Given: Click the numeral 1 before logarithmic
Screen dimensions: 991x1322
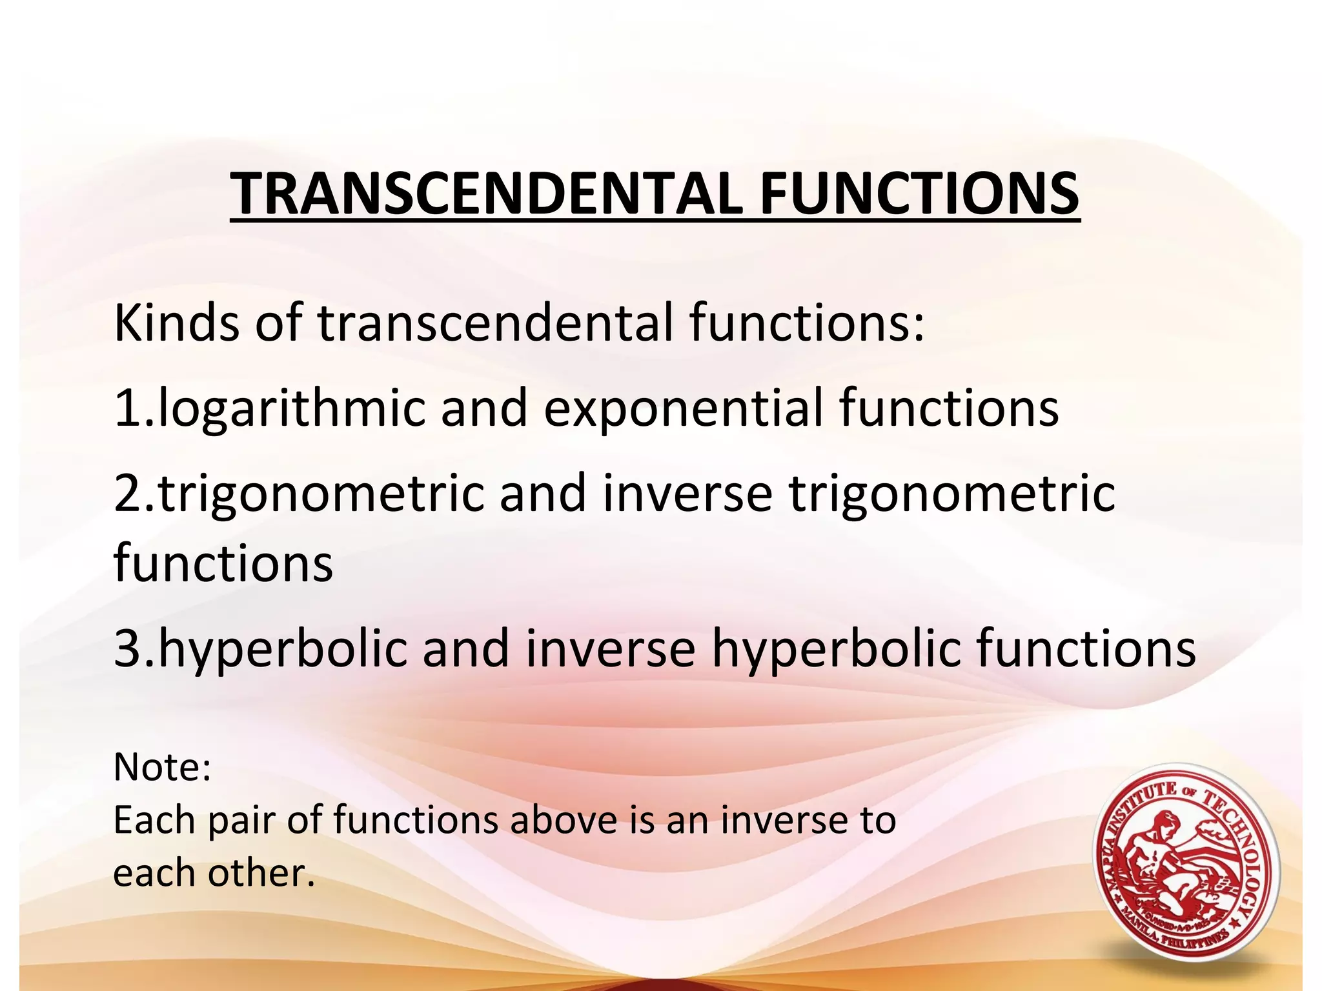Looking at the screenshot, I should coord(127,408).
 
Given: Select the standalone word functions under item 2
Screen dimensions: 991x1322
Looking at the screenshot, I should coord(223,563).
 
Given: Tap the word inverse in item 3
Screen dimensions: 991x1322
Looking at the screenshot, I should coord(610,648).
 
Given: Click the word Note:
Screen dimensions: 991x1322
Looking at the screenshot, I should coord(162,767).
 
